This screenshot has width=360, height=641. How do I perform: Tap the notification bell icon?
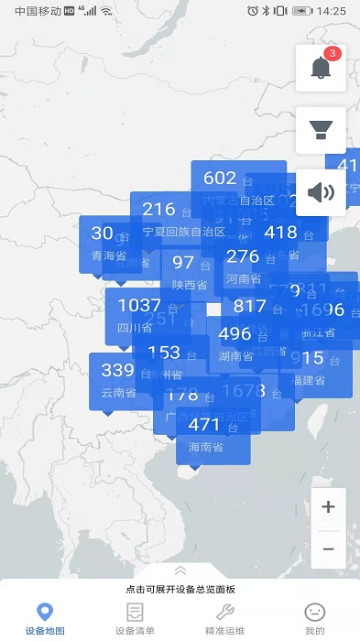tap(320, 68)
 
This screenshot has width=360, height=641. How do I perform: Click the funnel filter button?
tap(321, 130)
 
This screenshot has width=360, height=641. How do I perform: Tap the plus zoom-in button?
tap(328, 506)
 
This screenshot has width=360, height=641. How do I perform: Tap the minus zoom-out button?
tap(328, 549)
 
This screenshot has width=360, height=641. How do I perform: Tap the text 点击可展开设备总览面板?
tap(180, 591)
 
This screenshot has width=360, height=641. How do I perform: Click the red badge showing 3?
tap(333, 53)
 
